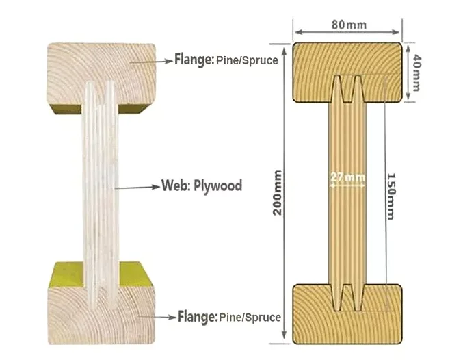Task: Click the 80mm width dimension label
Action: coord(347,25)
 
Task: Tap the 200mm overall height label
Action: coord(278,192)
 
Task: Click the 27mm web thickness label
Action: coord(347,178)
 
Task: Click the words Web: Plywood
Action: coord(202,185)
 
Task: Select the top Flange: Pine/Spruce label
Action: coord(226,60)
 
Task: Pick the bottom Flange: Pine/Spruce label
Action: coord(229,317)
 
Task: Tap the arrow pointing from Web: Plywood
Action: coord(137,186)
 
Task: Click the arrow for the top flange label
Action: coord(150,60)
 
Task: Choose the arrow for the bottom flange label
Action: coord(154,317)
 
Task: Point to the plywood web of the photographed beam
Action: coord(99,192)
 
